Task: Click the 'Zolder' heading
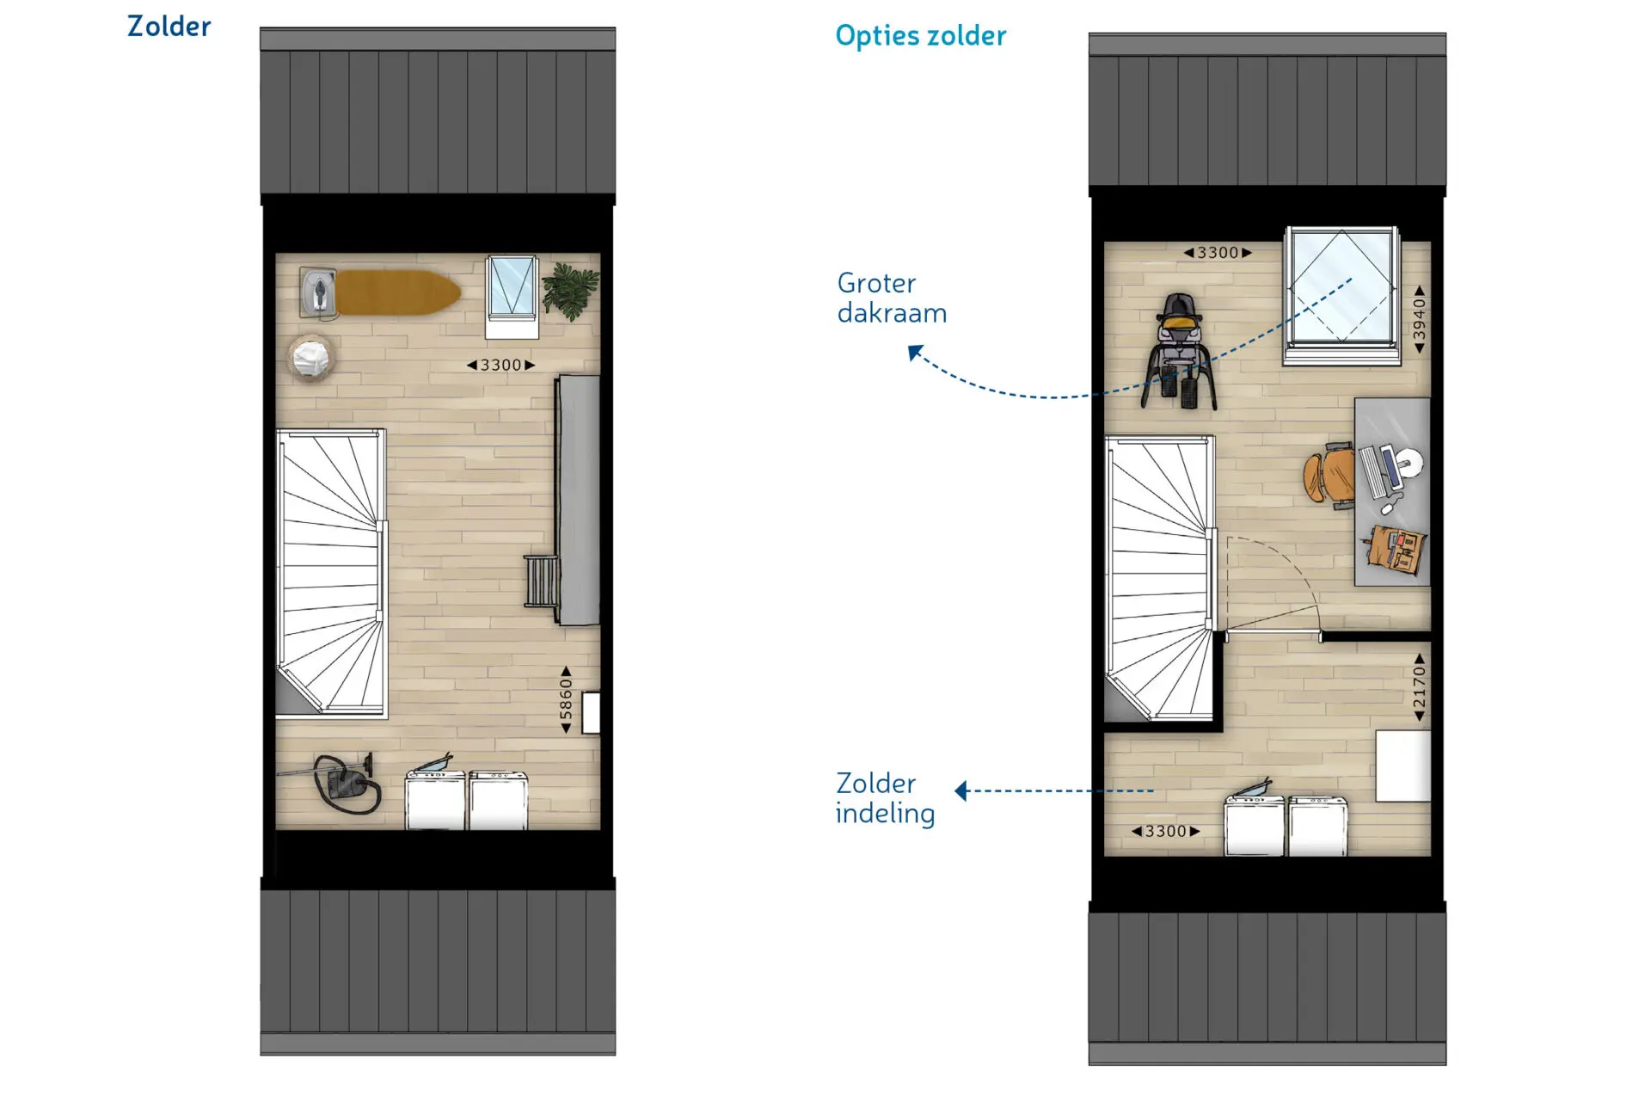(169, 27)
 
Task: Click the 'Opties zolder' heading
(920, 35)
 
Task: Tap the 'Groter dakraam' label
(892, 298)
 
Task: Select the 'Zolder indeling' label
(885, 798)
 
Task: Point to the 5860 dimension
(565, 699)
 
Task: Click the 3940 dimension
(1419, 319)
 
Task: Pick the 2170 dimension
(1419, 687)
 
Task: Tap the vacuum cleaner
(344, 783)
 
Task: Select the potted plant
(570, 291)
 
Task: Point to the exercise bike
(1180, 351)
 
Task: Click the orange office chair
(1328, 476)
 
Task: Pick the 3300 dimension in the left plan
(500, 365)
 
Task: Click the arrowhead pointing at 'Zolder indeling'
(962, 790)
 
